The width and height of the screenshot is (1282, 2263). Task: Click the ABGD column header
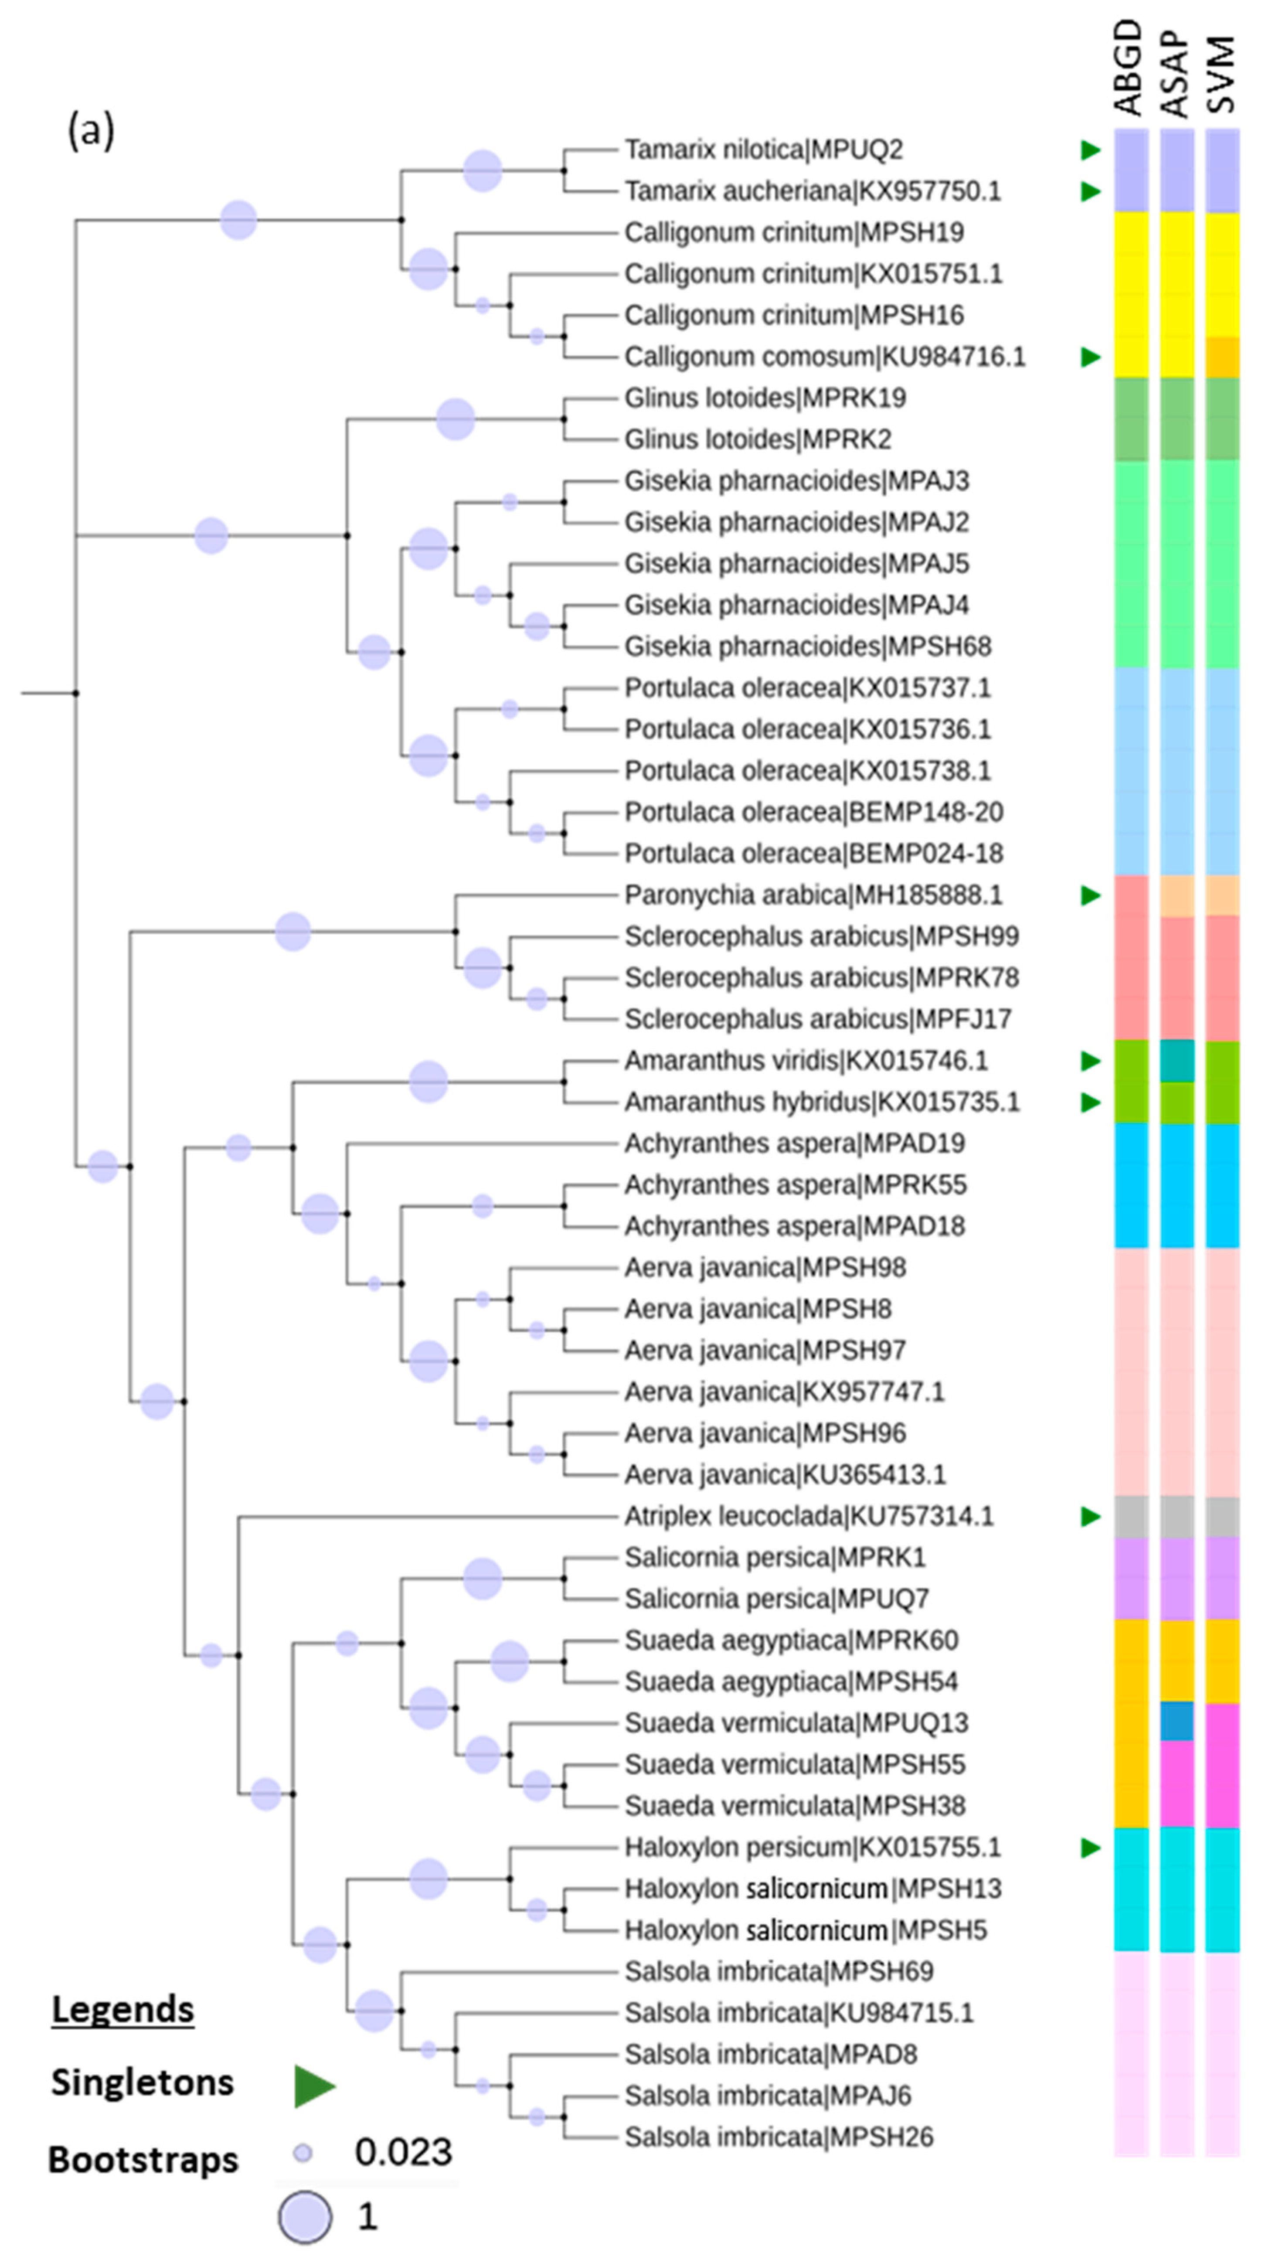tap(1129, 69)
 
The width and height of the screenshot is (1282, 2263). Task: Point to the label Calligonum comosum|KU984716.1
tap(824, 357)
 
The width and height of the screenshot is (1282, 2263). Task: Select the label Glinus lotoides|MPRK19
tap(764, 398)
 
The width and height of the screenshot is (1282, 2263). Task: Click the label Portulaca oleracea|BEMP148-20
tap(813, 812)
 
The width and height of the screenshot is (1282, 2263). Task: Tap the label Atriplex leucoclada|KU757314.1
tap(808, 1516)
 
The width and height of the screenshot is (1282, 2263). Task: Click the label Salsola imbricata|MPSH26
tap(779, 2137)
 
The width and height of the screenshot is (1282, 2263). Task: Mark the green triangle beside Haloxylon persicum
tap(1091, 1848)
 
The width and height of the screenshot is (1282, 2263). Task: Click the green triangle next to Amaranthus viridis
tap(1091, 1061)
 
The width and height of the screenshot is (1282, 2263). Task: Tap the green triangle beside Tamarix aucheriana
tap(1091, 191)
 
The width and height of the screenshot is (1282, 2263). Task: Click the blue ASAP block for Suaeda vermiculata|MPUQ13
tap(1177, 1722)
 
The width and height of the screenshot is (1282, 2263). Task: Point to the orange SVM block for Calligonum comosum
tap(1222, 357)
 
